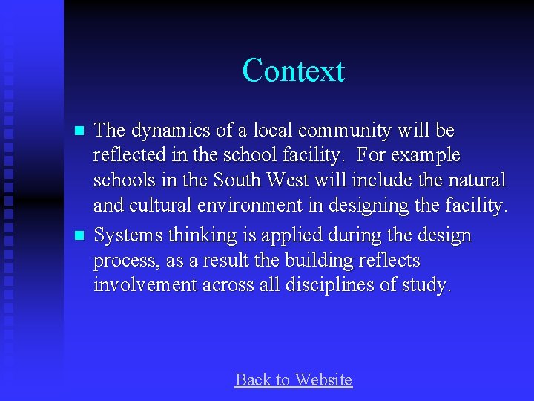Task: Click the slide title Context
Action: [x=293, y=71]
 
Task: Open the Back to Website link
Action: [x=293, y=380]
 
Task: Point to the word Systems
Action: [x=128, y=236]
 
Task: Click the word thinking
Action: [x=199, y=236]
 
